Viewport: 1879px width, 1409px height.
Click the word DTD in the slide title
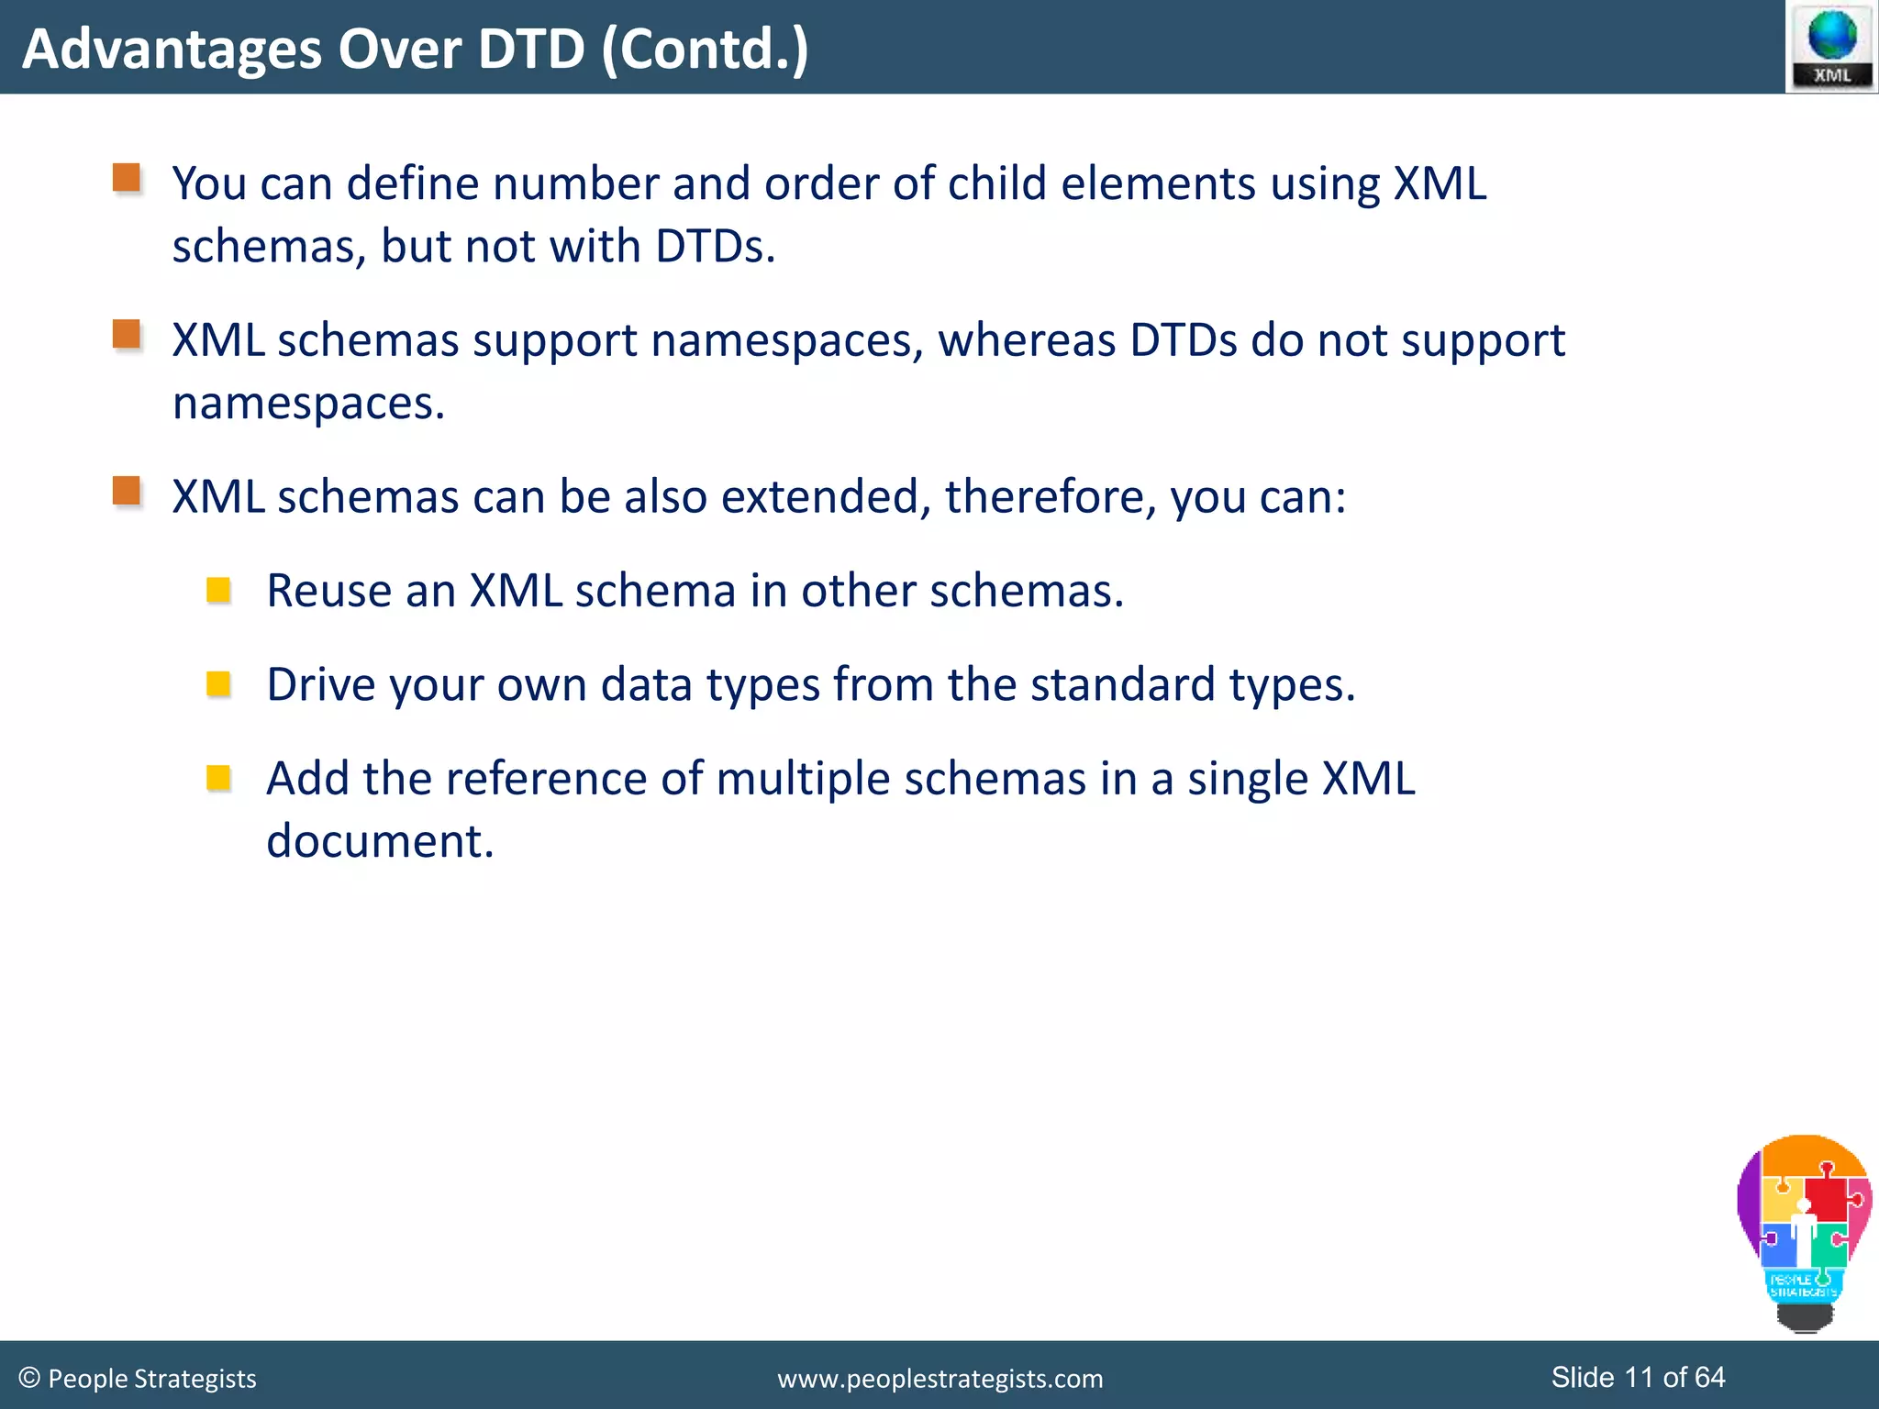tap(531, 49)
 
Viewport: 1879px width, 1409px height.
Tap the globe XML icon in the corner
tap(1831, 46)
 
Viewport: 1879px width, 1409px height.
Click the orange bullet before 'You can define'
tap(127, 177)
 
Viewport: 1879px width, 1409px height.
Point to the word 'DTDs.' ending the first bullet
tap(715, 246)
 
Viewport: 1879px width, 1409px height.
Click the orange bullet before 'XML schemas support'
tap(127, 334)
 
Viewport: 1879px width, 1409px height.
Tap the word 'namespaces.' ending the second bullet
tap(308, 404)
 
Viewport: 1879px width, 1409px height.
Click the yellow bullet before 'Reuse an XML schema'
tap(218, 590)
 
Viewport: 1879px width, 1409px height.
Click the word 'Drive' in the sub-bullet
tap(320, 685)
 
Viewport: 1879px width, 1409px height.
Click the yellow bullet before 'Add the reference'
tap(218, 779)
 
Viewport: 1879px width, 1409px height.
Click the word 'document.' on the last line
tap(380, 841)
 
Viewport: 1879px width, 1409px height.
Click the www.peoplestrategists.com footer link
tap(939, 1379)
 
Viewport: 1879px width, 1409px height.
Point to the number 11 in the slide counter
tap(1639, 1377)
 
